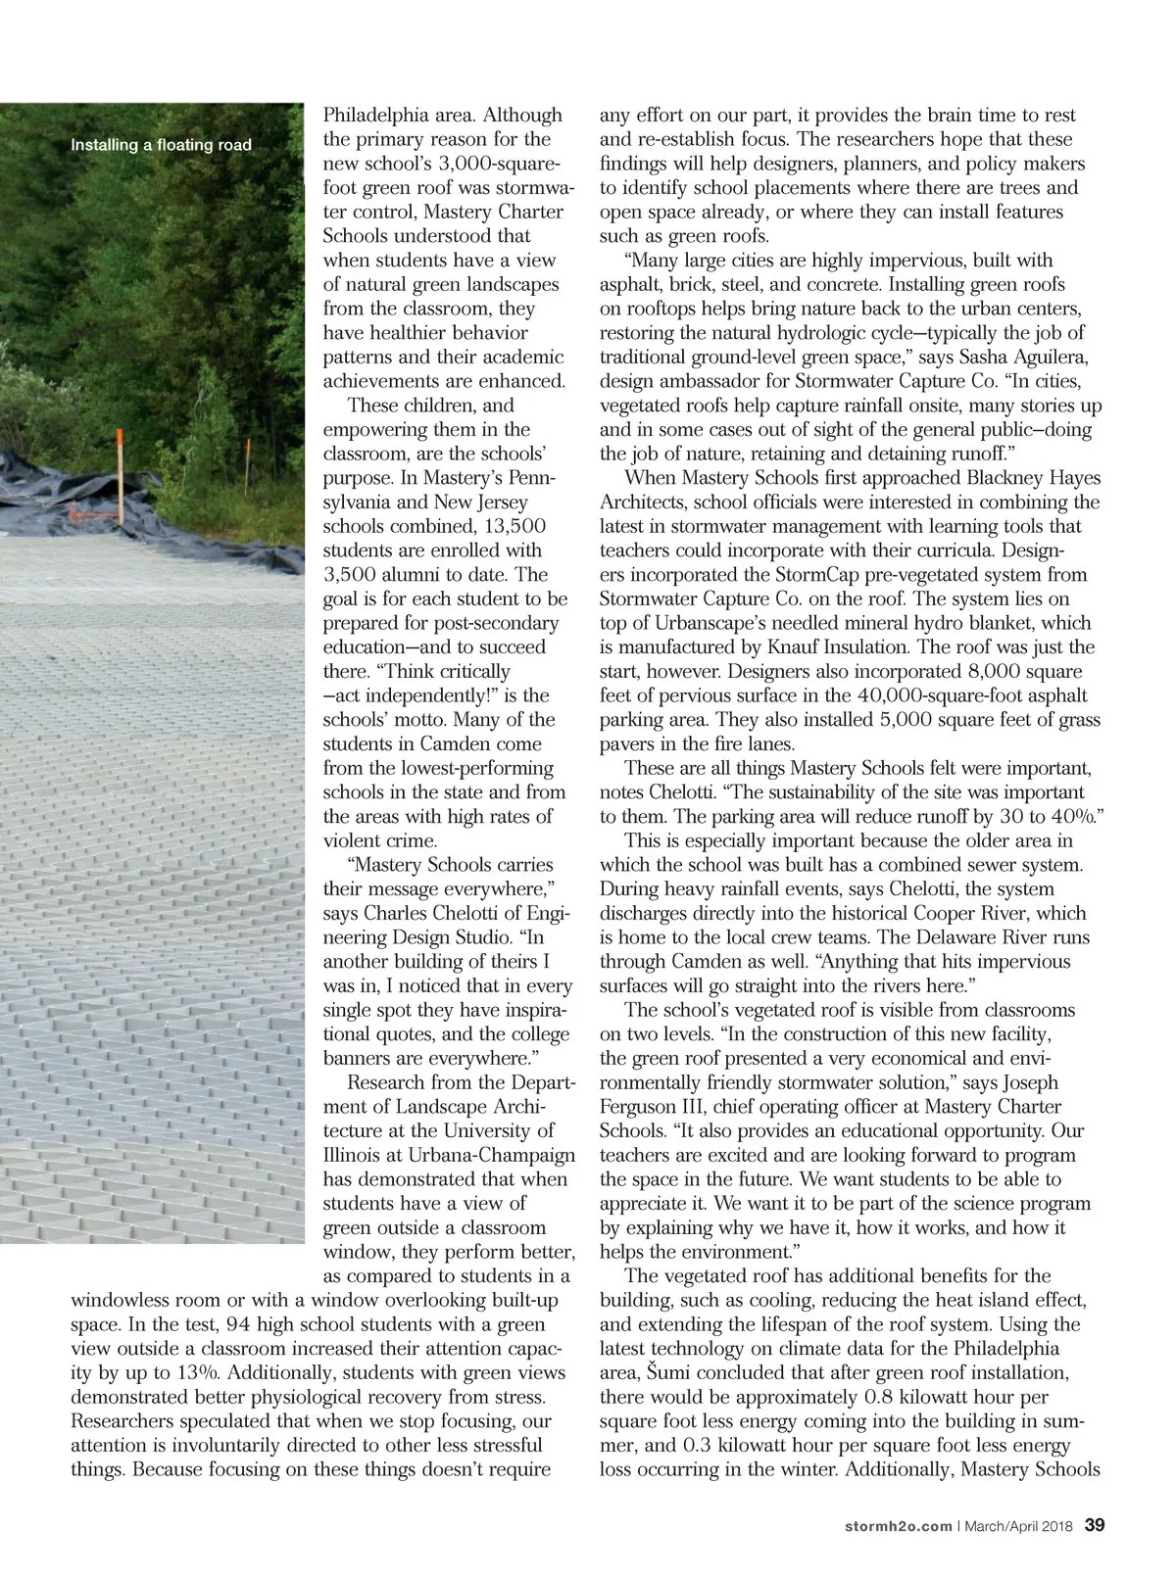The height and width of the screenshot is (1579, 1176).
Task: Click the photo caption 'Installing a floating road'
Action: click(161, 146)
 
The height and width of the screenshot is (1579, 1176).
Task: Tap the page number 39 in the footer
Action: click(1096, 1525)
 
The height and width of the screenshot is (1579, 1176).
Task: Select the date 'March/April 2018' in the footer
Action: click(1020, 1526)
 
